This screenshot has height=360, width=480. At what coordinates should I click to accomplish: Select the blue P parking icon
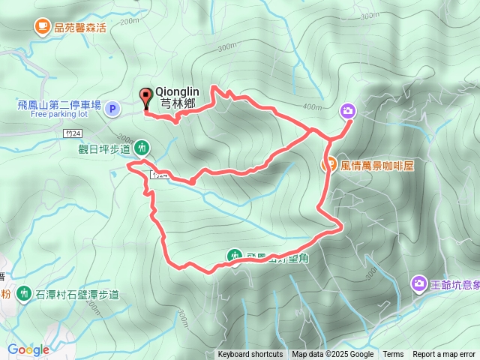[x=112, y=109]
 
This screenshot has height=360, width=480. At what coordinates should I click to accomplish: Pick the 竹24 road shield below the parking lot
[x=71, y=132]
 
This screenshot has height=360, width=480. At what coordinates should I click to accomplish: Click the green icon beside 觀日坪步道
[x=144, y=147]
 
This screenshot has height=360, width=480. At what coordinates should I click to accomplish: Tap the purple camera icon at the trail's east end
[x=348, y=112]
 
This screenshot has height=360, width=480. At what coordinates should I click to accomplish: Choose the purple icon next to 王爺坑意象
[x=418, y=283]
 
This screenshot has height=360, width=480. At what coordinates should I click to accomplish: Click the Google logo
[x=28, y=349]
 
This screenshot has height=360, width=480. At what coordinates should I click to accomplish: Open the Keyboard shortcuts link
[x=250, y=355]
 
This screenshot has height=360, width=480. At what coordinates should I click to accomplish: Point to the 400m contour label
[x=310, y=107]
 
